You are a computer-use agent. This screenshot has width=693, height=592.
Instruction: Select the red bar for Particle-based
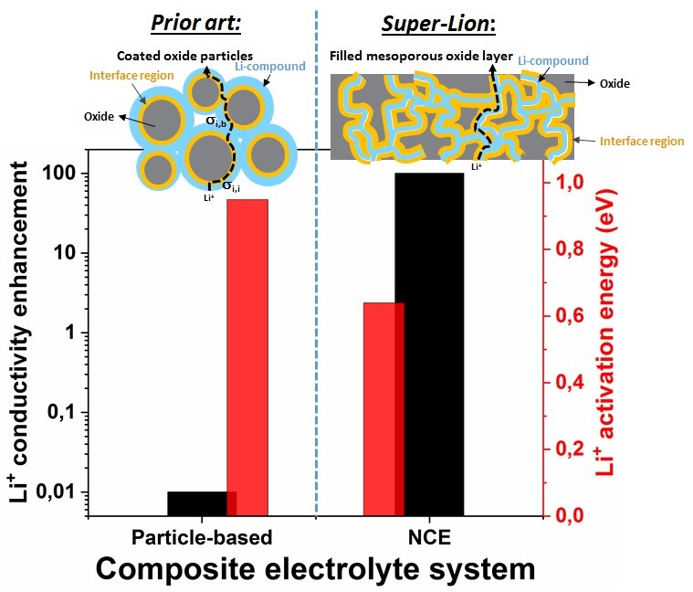(x=247, y=357)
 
